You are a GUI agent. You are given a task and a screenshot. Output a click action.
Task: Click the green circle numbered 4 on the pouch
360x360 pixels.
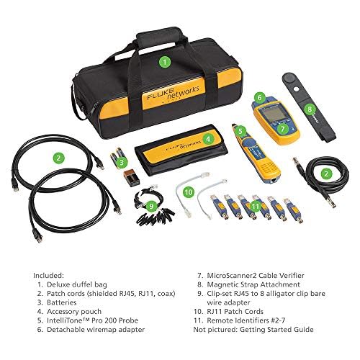[x=207, y=139]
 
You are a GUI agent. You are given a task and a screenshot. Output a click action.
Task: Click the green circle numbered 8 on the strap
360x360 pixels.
[x=310, y=110]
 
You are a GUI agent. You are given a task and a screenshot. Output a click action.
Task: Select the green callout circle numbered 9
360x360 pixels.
[x=152, y=206]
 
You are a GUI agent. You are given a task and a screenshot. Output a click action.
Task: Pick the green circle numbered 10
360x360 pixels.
[x=189, y=192]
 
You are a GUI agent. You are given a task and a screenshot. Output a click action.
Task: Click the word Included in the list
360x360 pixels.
[x=49, y=274]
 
